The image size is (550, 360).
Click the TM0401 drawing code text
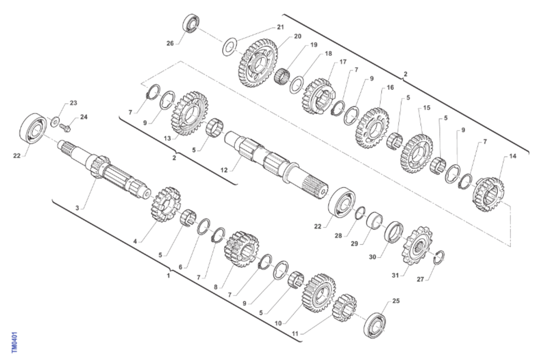pyautogui.click(x=15, y=342)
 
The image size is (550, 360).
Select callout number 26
pyautogui.click(x=170, y=44)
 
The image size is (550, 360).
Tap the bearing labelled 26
pyautogui.click(x=191, y=23)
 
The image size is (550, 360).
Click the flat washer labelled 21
pyautogui.click(x=229, y=47)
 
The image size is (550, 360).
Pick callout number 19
pyautogui.click(x=313, y=45)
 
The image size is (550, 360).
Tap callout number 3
pyautogui.click(x=77, y=208)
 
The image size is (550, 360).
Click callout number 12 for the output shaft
pyautogui.click(x=224, y=170)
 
